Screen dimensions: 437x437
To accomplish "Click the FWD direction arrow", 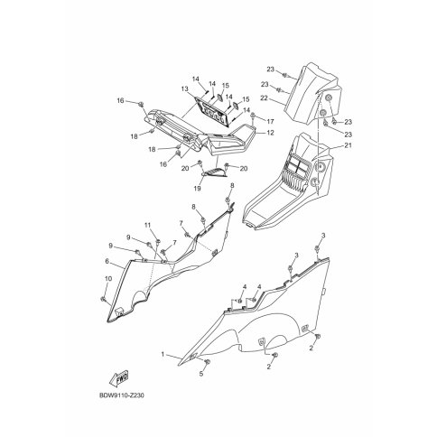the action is (119, 378).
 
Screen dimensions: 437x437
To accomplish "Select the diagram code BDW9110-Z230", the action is (122, 395).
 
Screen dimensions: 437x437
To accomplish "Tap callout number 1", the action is (163, 355).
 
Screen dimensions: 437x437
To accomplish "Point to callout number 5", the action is (201, 374).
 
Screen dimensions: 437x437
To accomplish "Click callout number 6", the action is (107, 262).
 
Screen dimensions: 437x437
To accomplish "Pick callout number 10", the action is (108, 279).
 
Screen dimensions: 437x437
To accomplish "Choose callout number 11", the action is (147, 225).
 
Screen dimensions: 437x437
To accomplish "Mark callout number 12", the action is (270, 133).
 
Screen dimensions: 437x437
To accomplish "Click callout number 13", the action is (184, 89).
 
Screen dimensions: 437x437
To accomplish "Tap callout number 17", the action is (270, 122).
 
